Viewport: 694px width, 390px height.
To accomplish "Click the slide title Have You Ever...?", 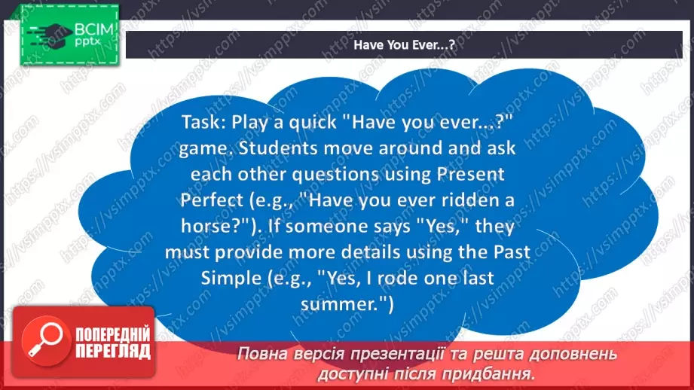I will pos(404,45).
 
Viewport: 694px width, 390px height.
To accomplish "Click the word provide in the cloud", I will pos(260,252).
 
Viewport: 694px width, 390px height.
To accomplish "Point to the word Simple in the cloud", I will pos(227,278).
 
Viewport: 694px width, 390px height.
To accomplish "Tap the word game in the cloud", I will pos(197,148).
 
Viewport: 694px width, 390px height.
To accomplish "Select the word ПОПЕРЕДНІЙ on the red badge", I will pos(111,334).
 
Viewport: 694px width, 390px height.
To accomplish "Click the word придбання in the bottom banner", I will pos(493,373).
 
